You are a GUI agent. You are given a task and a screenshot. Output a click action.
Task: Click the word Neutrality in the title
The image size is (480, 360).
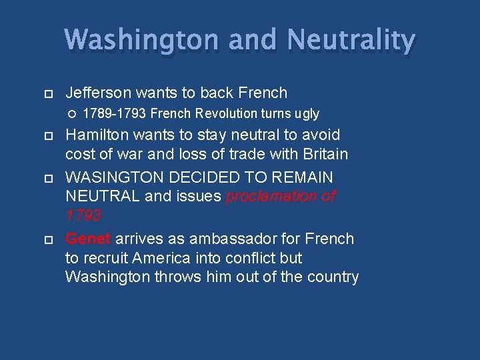(x=351, y=40)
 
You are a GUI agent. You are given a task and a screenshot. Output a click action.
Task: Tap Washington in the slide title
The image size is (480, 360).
(x=141, y=40)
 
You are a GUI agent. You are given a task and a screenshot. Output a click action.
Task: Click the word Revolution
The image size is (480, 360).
(x=219, y=114)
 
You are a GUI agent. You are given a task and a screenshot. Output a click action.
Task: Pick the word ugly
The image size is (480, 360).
(x=305, y=114)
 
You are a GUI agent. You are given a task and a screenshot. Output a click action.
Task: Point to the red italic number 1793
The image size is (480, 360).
(x=83, y=215)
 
